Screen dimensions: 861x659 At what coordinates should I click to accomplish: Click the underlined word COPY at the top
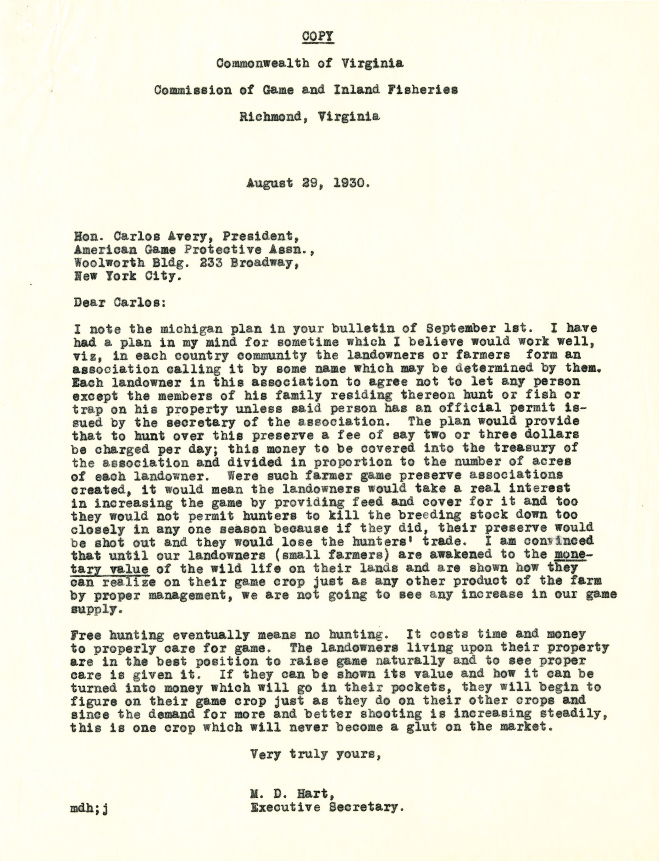[x=318, y=36]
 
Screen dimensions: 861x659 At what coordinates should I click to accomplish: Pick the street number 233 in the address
[x=212, y=263]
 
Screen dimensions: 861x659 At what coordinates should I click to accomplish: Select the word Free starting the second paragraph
[x=86, y=634]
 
